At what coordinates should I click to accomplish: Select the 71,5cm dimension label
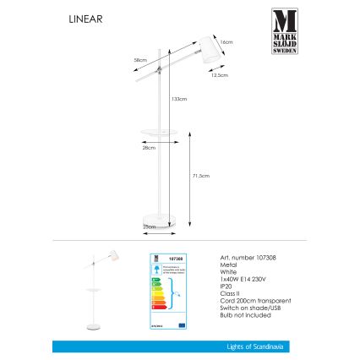[x=200, y=176]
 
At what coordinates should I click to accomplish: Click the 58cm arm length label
[x=141, y=60]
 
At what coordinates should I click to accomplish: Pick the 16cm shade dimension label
[x=226, y=41]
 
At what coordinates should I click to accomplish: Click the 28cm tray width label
[x=149, y=148]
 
